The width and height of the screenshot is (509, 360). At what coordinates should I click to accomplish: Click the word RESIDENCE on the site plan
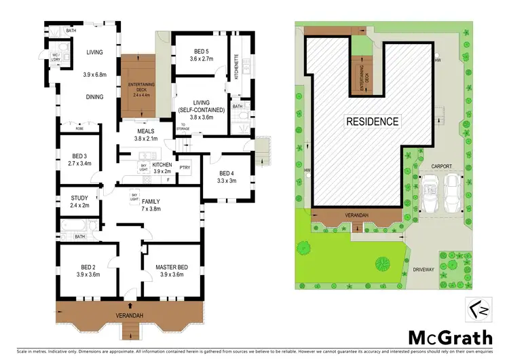click(373, 122)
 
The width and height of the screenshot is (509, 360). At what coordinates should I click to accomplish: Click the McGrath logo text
click(451, 338)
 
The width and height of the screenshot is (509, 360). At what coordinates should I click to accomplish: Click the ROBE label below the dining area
click(80, 127)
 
